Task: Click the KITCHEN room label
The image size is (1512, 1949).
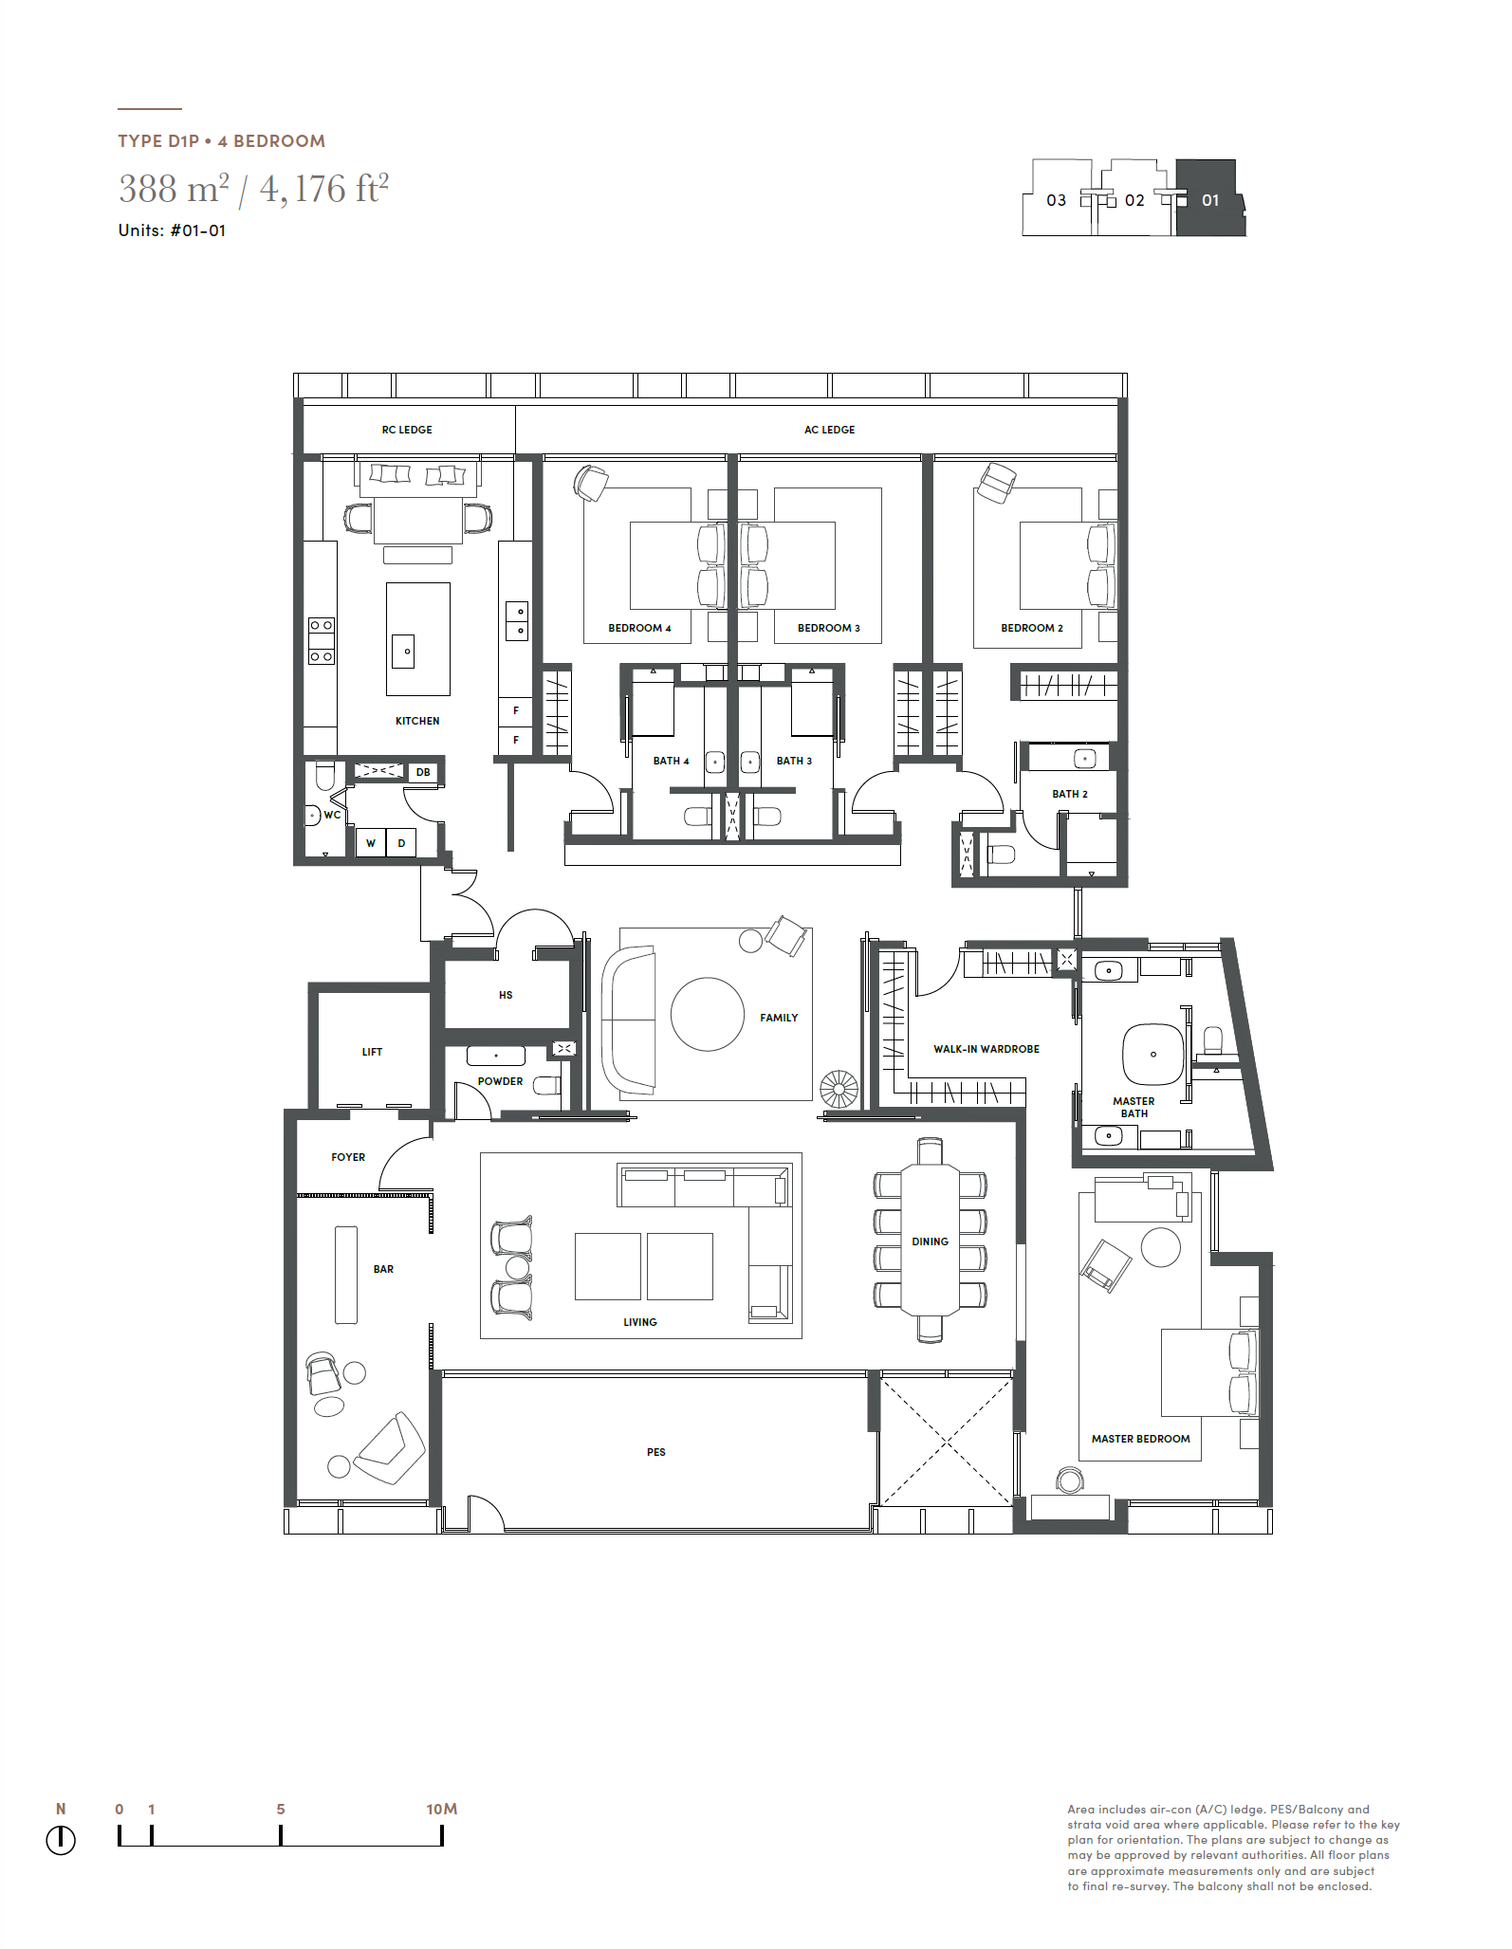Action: [417, 721]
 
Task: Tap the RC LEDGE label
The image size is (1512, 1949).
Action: [407, 430]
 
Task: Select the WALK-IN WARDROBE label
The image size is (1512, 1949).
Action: [986, 1049]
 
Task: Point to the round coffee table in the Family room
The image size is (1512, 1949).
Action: [708, 1014]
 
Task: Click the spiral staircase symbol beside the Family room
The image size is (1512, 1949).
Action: [839, 1089]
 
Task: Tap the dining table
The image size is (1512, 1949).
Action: [930, 1241]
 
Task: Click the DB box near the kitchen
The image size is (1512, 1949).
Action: [423, 772]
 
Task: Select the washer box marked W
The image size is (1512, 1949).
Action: [371, 842]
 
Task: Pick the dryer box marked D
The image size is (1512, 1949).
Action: [401, 842]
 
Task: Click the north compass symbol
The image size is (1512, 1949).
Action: [61, 1840]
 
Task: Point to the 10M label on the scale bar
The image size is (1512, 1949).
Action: [442, 1809]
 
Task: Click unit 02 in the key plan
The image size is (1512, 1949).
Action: [1134, 200]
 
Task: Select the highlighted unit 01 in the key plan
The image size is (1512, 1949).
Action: [1210, 198]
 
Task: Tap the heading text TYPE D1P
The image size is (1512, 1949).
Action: [158, 141]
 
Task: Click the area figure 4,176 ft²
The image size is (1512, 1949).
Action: [324, 189]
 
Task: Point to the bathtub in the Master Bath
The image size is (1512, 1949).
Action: [1153, 1054]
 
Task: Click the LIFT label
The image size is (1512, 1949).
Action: [372, 1052]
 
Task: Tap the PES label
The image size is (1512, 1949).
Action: [656, 1452]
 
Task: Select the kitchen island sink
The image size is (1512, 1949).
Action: [403, 651]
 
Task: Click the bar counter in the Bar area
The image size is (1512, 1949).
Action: [346, 1275]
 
